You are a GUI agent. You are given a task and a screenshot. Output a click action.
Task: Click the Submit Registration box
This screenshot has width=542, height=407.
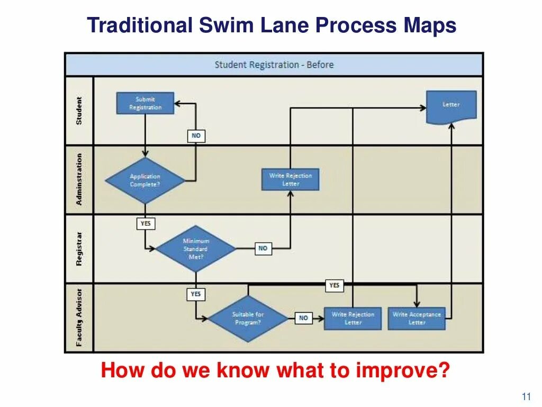click(x=145, y=103)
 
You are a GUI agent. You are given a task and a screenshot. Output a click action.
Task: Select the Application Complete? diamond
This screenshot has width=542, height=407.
click(x=145, y=180)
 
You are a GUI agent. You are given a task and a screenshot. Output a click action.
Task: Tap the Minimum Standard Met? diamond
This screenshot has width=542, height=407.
click(x=196, y=249)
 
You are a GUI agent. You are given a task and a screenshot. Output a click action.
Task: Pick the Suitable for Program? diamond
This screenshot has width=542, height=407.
click(x=247, y=318)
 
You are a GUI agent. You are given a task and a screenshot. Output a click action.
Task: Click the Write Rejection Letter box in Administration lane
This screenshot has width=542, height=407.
click(x=291, y=180)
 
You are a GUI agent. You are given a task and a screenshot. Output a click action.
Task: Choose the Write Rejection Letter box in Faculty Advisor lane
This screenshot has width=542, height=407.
click(x=353, y=318)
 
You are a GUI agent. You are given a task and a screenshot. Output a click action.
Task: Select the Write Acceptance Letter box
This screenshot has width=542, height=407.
click(x=417, y=318)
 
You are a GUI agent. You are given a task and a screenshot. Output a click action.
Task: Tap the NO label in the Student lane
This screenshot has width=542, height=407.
click(x=196, y=136)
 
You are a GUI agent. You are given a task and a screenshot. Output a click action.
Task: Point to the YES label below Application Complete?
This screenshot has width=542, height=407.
click(x=146, y=224)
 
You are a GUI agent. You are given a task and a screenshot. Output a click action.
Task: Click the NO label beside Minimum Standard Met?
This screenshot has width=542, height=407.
click(x=263, y=248)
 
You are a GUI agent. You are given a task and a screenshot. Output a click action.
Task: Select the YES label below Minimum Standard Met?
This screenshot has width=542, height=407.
click(x=196, y=294)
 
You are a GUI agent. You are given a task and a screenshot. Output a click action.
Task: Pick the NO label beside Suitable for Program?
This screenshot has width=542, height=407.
click(x=303, y=318)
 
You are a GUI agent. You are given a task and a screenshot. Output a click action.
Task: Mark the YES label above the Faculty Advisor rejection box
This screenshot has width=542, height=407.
click(x=334, y=286)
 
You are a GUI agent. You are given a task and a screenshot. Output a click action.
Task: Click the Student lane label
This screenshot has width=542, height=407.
click(x=79, y=111)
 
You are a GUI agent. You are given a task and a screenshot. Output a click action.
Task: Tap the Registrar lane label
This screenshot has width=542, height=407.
click(x=79, y=249)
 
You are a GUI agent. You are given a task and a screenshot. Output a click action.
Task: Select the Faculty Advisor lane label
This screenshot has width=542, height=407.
click(x=79, y=317)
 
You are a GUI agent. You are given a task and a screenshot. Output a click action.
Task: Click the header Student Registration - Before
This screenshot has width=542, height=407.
click(x=274, y=65)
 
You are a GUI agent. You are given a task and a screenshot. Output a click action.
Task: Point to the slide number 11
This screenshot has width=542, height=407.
click(x=526, y=396)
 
